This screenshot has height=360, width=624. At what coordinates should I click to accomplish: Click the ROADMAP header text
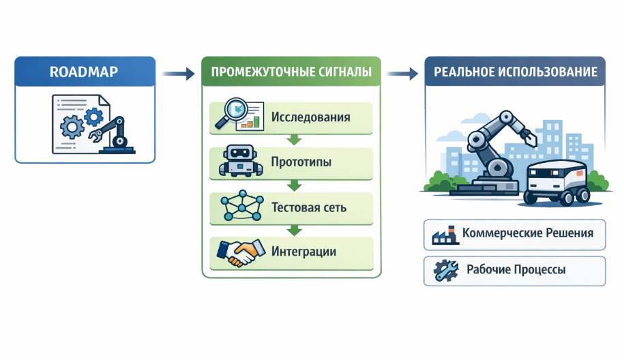click(x=85, y=72)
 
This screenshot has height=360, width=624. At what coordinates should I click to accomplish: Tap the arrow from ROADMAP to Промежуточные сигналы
click(x=179, y=73)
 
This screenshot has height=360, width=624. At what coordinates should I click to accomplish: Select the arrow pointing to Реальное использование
click(x=404, y=73)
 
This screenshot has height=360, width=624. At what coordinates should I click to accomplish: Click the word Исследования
click(x=310, y=117)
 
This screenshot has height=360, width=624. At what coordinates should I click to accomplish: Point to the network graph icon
click(x=239, y=206)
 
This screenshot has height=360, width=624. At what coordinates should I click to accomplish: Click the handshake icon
click(x=239, y=252)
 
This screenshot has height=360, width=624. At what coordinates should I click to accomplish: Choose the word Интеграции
click(x=303, y=252)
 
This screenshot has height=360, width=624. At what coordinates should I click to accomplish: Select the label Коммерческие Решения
click(x=527, y=233)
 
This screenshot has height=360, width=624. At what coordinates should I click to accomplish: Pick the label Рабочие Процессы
click(x=516, y=270)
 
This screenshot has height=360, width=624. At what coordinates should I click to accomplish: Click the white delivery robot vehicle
click(x=558, y=181)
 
